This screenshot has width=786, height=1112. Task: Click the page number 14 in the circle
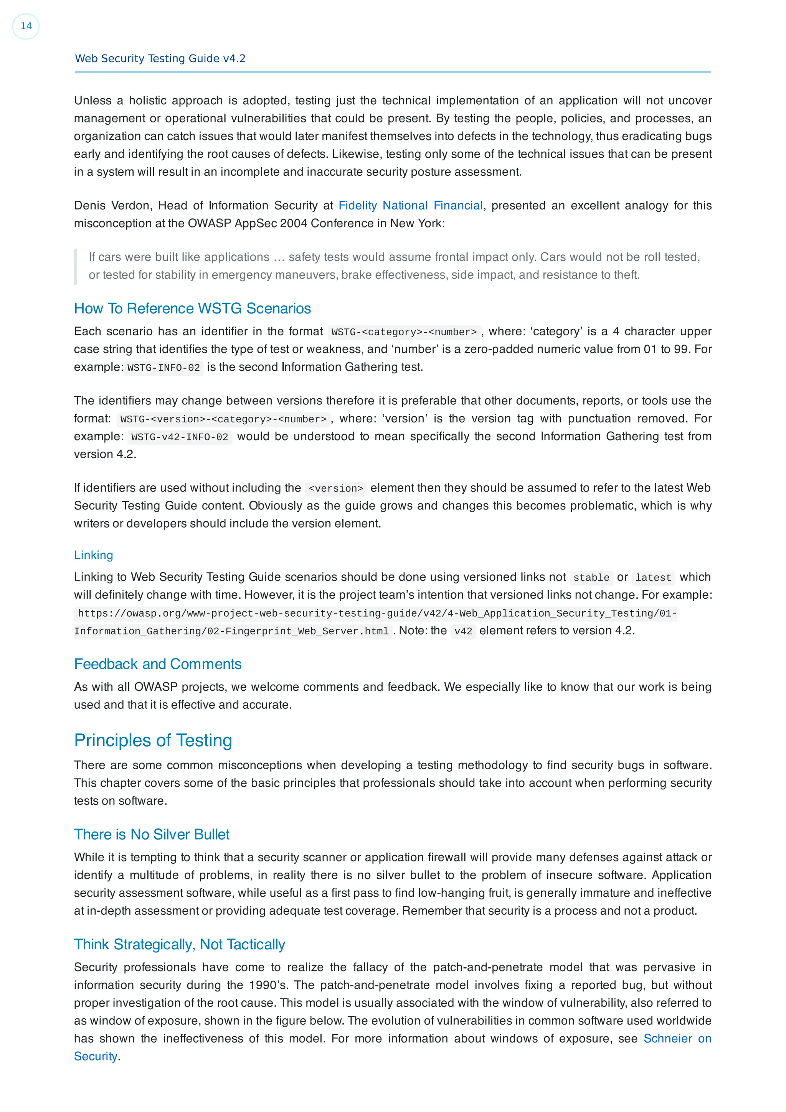click(x=26, y=26)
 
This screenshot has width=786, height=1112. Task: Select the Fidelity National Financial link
click(x=410, y=205)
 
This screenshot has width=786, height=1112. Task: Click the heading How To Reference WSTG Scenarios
click(x=192, y=309)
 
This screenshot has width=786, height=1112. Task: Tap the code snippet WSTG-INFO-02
click(x=164, y=368)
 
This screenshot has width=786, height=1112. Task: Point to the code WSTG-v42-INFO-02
click(x=180, y=437)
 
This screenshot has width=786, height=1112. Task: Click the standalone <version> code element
click(x=335, y=488)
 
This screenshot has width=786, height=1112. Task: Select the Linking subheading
click(x=94, y=555)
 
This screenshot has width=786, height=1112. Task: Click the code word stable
click(x=591, y=577)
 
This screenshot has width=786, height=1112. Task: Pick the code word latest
click(x=653, y=577)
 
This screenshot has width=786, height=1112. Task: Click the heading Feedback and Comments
click(x=157, y=664)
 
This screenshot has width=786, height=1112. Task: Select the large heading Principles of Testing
click(x=153, y=741)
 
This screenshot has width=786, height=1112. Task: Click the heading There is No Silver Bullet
click(x=152, y=835)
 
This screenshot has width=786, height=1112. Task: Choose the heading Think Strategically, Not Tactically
click(x=179, y=944)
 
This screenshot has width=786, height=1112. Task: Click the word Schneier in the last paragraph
click(x=667, y=1038)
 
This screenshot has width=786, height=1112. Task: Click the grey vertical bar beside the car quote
click(x=76, y=266)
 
